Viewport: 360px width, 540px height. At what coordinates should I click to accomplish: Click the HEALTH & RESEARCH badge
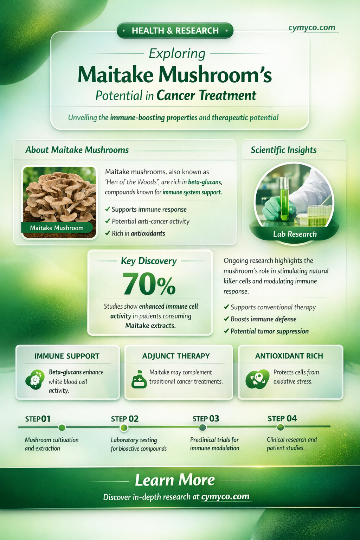pyautogui.click(x=175, y=31)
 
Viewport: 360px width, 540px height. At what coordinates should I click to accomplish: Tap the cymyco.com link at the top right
pyautogui.click(x=311, y=27)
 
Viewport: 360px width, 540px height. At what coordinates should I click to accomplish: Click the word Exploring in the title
pyautogui.click(x=177, y=53)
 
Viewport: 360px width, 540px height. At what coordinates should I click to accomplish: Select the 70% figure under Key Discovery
pyautogui.click(x=149, y=284)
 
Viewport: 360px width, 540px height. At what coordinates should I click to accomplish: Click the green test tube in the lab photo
pyautogui.click(x=284, y=199)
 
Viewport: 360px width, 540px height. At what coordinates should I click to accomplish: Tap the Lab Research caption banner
pyautogui.click(x=295, y=234)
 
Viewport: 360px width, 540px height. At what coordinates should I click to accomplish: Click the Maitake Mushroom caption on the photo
pyautogui.click(x=57, y=228)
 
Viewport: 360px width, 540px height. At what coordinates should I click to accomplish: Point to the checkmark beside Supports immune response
pyautogui.click(x=108, y=210)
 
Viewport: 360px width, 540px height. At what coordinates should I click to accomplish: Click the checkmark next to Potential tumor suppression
pyautogui.click(x=226, y=331)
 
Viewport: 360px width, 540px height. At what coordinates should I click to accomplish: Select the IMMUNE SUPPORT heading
pyautogui.click(x=67, y=356)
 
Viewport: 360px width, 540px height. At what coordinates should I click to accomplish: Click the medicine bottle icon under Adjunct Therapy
pyautogui.click(x=139, y=380)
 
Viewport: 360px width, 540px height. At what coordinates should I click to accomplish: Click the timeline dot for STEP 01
pyautogui.click(x=62, y=427)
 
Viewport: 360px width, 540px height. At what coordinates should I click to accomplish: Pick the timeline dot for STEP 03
pyautogui.click(x=202, y=427)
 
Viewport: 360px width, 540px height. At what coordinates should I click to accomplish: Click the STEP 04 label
pyautogui.click(x=282, y=418)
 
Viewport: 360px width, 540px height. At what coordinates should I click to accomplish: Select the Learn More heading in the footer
pyautogui.click(x=175, y=480)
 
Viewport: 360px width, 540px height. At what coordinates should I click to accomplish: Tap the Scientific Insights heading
pyautogui.click(x=283, y=150)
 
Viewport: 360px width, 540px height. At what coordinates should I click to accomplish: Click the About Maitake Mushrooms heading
pyautogui.click(x=77, y=150)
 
